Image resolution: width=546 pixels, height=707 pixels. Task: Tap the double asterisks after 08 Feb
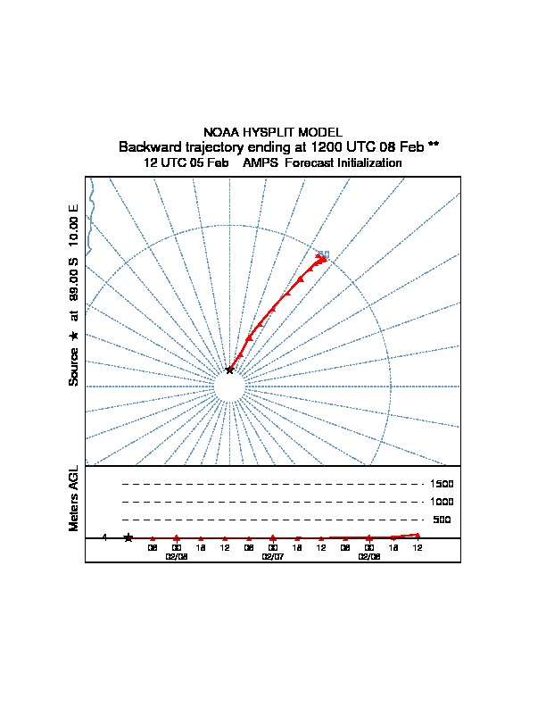click(434, 146)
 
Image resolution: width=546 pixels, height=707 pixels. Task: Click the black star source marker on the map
click(229, 369)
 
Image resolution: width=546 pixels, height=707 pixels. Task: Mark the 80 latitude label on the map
click(323, 254)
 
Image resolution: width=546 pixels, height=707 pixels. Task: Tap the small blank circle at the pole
click(230, 387)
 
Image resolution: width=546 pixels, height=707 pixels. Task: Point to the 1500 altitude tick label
click(443, 484)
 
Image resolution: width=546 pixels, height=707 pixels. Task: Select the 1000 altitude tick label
click(443, 502)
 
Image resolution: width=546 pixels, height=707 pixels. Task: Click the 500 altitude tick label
click(443, 520)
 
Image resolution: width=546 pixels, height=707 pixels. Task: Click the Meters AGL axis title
click(74, 498)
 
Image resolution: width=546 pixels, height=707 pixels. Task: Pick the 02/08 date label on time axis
click(368, 555)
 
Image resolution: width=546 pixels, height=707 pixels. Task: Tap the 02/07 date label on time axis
click(272, 555)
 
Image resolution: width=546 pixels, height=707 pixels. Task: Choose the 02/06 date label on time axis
click(176, 555)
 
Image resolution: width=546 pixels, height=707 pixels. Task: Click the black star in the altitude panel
click(128, 537)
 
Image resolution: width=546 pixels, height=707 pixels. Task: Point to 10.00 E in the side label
click(74, 227)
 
